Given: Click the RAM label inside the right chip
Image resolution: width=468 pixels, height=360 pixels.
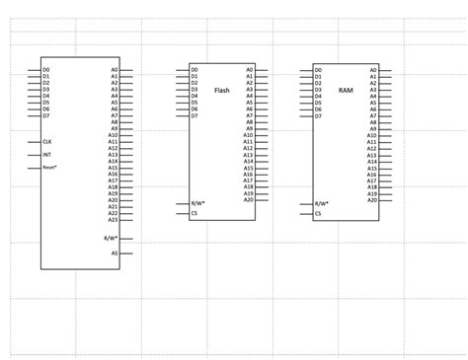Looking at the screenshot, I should point(346,90).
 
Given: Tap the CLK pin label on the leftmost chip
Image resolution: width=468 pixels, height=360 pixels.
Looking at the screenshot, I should point(46,141).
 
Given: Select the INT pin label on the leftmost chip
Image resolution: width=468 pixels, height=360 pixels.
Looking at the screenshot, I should point(46,155).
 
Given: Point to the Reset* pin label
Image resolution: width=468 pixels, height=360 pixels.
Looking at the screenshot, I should point(49,168).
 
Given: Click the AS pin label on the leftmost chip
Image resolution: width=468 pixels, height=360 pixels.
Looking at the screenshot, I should point(115,252).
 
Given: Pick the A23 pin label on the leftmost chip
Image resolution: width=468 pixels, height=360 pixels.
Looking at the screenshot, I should point(114,219).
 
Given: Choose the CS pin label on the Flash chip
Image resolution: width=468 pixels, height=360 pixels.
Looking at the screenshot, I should point(195,213).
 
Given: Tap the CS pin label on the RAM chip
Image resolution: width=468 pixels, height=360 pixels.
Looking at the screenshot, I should point(318,213).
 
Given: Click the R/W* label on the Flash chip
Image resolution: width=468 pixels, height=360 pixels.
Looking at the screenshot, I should point(197,203).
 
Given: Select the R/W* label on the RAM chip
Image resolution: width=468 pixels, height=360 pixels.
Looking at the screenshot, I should point(321,203).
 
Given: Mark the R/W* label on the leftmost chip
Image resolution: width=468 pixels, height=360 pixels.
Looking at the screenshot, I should point(111,238).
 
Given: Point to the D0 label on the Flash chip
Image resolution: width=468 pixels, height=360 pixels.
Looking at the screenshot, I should point(195,70).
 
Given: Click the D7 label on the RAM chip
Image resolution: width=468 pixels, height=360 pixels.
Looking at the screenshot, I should point(318,115).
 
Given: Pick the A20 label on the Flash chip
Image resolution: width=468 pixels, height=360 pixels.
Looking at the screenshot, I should point(248,200).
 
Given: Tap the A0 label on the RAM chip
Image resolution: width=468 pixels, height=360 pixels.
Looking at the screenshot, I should point(373,70).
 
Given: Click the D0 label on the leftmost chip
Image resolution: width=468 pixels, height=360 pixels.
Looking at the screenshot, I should point(46,70).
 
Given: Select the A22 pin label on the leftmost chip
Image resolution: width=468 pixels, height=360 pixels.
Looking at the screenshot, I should point(114,213).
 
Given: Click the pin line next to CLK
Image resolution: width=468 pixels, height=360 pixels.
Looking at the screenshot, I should point(35,141).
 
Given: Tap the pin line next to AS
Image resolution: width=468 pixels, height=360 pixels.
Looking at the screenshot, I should point(125,252).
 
